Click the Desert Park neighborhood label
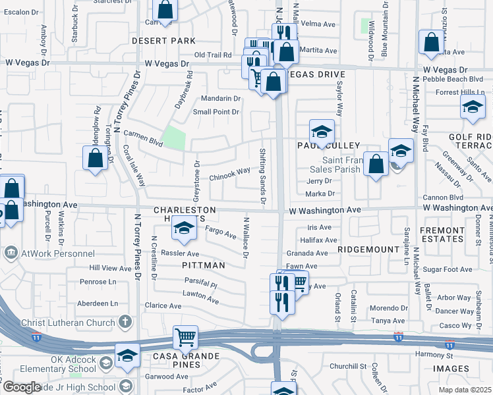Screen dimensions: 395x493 (x=163, y=41)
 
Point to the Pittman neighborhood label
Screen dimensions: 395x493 (x=204, y=265)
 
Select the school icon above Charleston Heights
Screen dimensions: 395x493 (x=184, y=228)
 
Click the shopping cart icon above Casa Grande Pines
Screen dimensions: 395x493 (x=186, y=337)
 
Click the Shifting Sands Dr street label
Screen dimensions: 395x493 (x=262, y=175)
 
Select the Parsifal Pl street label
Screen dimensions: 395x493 (x=201, y=285)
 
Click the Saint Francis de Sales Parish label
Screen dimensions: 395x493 (x=343, y=164)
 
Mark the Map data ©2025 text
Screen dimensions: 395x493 (x=464, y=390)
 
